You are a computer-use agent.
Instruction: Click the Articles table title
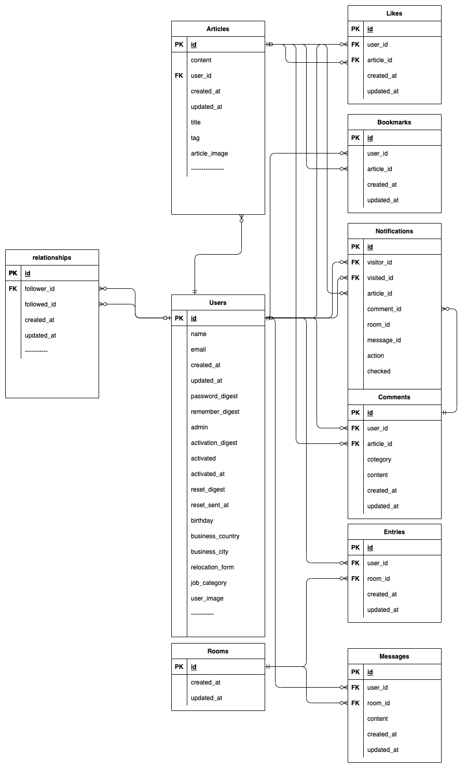pyautogui.click(x=217, y=29)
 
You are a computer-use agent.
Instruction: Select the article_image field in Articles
pyautogui.click(x=209, y=153)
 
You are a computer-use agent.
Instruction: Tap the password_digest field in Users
pyautogui.click(x=214, y=396)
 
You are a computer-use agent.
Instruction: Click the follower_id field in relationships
pyautogui.click(x=39, y=289)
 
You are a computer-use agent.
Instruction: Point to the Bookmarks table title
pyautogui.click(x=394, y=122)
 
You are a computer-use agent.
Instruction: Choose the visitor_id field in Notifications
pyautogui.click(x=379, y=262)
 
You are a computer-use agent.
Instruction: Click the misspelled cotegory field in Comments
pyautogui.click(x=379, y=459)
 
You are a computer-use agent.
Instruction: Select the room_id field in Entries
pyautogui.click(x=378, y=579)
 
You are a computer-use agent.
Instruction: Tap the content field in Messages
pyautogui.click(x=377, y=719)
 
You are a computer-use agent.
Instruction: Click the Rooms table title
pyautogui.click(x=217, y=651)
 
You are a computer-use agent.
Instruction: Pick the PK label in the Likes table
pyautogui.click(x=355, y=29)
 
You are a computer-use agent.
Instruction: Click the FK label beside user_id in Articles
pyautogui.click(x=178, y=76)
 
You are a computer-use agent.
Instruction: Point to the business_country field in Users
pyautogui.click(x=215, y=536)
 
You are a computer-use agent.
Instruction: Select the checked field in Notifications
pyautogui.click(x=378, y=371)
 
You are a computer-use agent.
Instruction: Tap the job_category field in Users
pyautogui.click(x=209, y=583)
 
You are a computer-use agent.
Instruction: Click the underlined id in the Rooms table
pyautogui.click(x=194, y=667)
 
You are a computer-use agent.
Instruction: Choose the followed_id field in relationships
pyautogui.click(x=40, y=304)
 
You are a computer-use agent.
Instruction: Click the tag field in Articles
pyautogui.click(x=195, y=138)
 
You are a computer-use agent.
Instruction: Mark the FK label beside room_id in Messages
pyautogui.click(x=355, y=703)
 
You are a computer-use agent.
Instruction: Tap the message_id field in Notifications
pyautogui.click(x=383, y=340)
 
